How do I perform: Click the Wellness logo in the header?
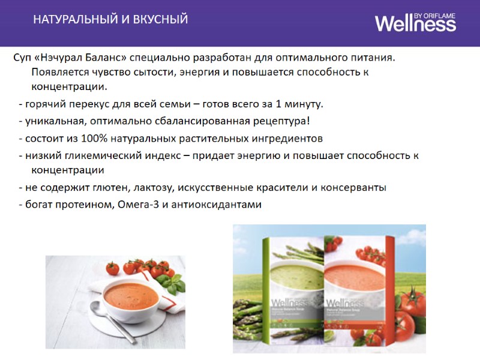(415, 23)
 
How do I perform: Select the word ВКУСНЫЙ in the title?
(161, 20)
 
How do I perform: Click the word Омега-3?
(139, 204)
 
